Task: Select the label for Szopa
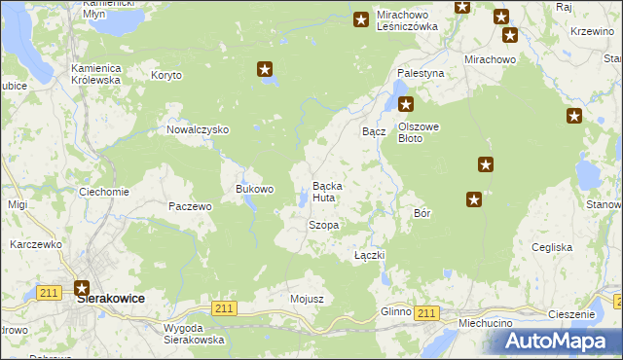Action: (x=323, y=225)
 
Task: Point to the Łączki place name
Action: (x=370, y=255)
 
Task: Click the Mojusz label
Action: (x=306, y=299)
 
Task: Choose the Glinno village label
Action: (x=396, y=311)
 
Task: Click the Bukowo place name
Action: (x=255, y=189)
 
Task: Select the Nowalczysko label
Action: (x=198, y=129)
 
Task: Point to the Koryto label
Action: (x=166, y=75)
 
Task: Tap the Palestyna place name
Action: (x=421, y=73)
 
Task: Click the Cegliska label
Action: (x=552, y=247)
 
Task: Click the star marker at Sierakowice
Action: (x=82, y=287)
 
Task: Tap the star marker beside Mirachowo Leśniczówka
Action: (x=361, y=18)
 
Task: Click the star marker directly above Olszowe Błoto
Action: (x=406, y=105)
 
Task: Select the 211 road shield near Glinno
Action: (x=424, y=311)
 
